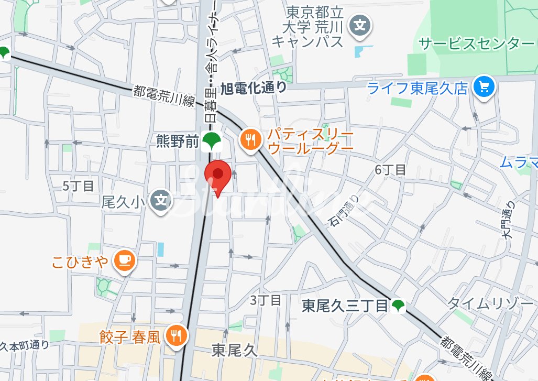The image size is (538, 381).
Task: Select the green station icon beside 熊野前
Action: coord(212,140)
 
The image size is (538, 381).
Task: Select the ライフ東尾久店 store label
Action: coord(417,88)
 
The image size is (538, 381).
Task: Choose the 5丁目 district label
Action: coord(78,186)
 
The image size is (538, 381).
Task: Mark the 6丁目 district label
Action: coord(390,170)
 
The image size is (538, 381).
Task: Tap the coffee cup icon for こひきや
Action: coord(125,260)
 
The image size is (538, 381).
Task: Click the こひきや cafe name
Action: coord(80,262)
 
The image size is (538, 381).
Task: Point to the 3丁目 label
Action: coord(266,300)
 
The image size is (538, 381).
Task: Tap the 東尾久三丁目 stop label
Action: coord(345,306)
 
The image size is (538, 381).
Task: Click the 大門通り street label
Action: coord(508,220)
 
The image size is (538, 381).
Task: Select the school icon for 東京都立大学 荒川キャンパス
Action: coord(360,25)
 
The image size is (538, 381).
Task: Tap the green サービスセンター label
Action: coord(476,43)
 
